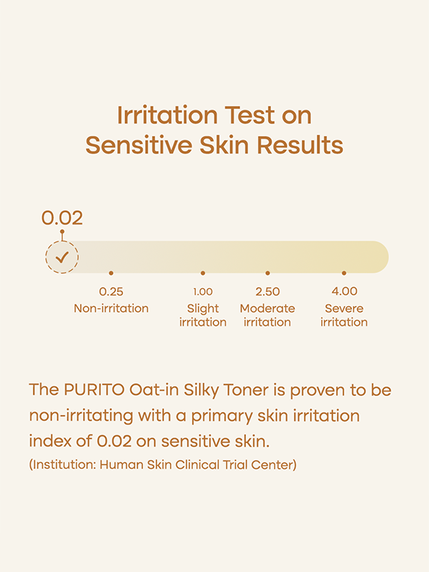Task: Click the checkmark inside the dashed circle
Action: (x=62, y=257)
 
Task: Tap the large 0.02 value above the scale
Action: (x=62, y=218)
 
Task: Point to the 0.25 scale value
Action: (x=112, y=292)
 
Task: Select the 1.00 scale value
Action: (x=203, y=292)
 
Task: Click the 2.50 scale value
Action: (x=267, y=292)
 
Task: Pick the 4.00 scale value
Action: (x=345, y=292)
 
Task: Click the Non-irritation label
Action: (x=112, y=308)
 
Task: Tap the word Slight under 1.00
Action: (x=203, y=309)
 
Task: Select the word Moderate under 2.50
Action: (x=267, y=308)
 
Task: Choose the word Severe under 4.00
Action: (x=344, y=308)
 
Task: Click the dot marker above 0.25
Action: (x=112, y=273)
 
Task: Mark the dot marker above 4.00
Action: (x=344, y=273)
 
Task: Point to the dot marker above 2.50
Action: (x=267, y=273)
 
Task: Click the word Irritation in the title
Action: (x=167, y=115)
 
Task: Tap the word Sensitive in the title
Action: (x=139, y=145)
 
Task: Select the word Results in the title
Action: (x=300, y=145)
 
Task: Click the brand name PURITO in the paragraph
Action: (x=94, y=390)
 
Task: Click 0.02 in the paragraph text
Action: (x=114, y=441)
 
